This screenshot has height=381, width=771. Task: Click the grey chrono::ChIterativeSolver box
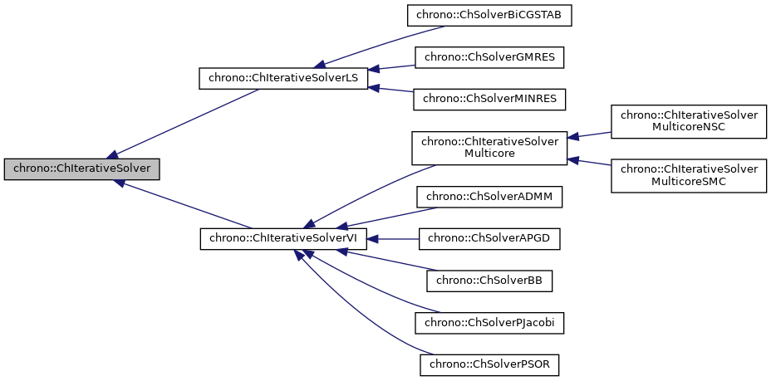pos(81,169)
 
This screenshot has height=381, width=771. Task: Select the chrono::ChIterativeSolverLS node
pos(283,79)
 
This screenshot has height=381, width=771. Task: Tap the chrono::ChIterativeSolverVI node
pos(283,238)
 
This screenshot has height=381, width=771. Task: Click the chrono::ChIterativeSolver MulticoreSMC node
pos(689,175)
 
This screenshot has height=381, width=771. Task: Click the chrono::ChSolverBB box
pos(489,281)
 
